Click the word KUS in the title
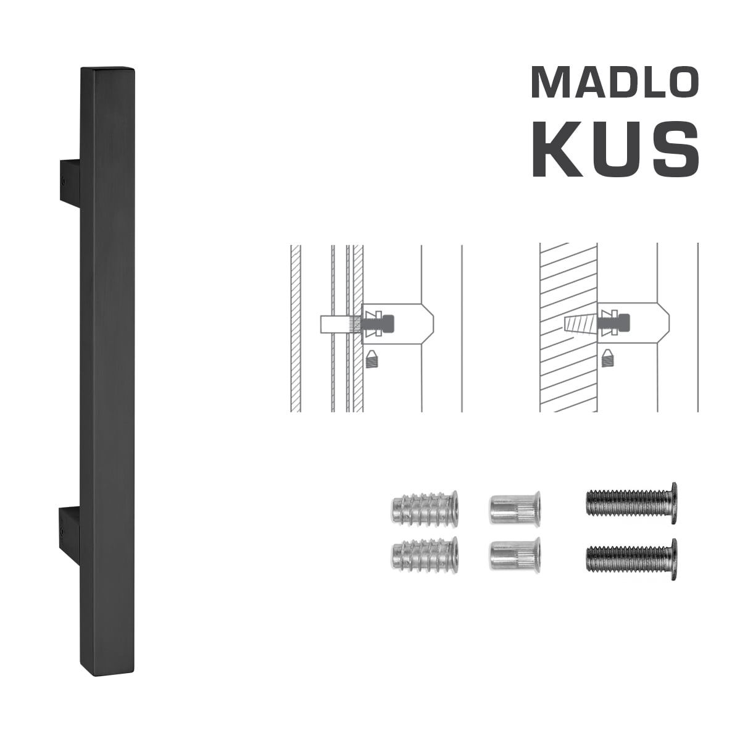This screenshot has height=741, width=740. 615,149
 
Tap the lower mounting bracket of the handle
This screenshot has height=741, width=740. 70,527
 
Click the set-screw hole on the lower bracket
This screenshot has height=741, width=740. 64,532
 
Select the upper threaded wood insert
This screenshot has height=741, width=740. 425,507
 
